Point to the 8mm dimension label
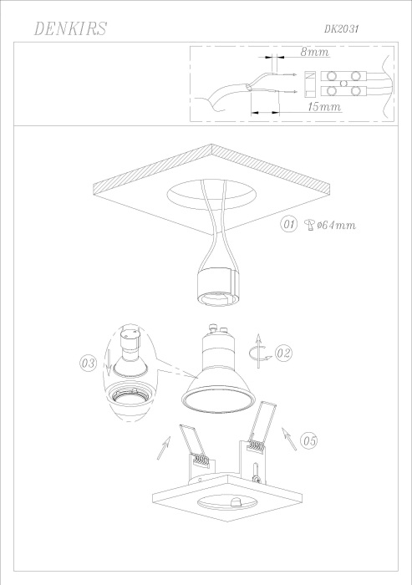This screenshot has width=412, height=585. [314, 53]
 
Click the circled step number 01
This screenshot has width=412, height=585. [289, 224]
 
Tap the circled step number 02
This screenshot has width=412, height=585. [284, 354]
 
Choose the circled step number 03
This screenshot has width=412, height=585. [88, 363]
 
